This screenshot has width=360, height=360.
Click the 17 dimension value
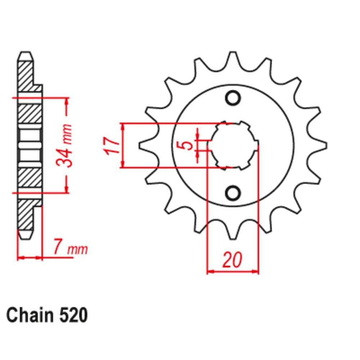coord(113,146)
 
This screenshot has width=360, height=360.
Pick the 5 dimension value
coord(187,145)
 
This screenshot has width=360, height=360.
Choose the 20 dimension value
coord(232,260)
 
